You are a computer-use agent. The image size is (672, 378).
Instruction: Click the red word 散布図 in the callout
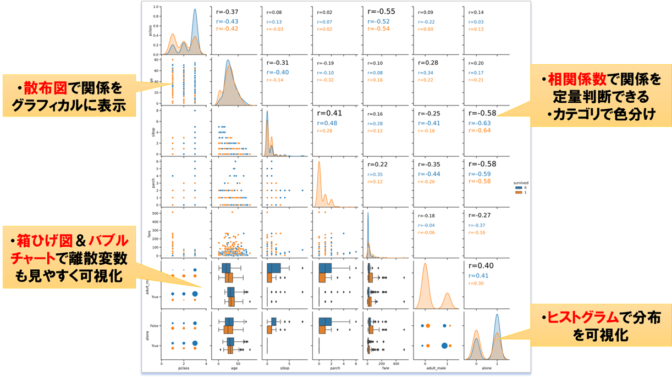37,88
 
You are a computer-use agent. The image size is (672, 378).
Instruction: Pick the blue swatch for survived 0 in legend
519,187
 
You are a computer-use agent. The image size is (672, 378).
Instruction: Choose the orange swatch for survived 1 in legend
519,192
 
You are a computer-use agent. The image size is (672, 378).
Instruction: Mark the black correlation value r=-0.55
380,11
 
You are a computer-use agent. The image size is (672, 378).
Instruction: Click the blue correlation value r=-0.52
379,21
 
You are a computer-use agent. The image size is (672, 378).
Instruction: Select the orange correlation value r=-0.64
480,130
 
